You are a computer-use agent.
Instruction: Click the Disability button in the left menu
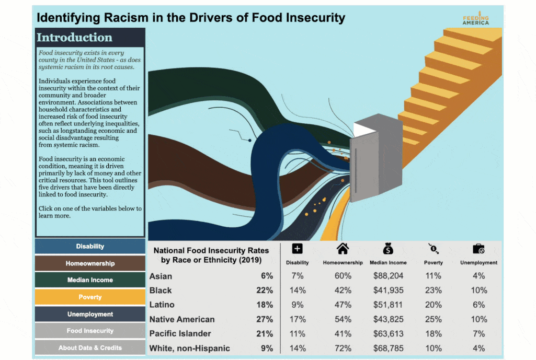[90, 247]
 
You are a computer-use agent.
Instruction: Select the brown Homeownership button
[90, 263]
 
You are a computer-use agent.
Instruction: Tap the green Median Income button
[90, 280]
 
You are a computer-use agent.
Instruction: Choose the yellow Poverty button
[90, 297]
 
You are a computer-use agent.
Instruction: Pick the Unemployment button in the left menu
[90, 314]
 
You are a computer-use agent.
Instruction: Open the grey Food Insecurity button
[90, 331]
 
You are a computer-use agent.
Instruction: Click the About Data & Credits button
[90, 347]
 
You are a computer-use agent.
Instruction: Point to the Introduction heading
[74, 38]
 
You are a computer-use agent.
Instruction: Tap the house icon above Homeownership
[343, 249]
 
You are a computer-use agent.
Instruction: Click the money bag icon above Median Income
[388, 249]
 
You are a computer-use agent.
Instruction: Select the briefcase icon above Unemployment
[478, 249]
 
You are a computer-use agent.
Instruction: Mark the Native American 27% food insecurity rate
[266, 319]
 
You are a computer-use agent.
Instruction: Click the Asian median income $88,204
[388, 276]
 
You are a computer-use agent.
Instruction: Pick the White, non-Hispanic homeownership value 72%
[343, 348]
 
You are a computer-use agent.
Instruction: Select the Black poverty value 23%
[434, 291]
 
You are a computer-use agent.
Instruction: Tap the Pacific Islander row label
[180, 333]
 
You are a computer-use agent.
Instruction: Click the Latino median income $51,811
[388, 305]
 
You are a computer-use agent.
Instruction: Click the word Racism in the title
[125, 18]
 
